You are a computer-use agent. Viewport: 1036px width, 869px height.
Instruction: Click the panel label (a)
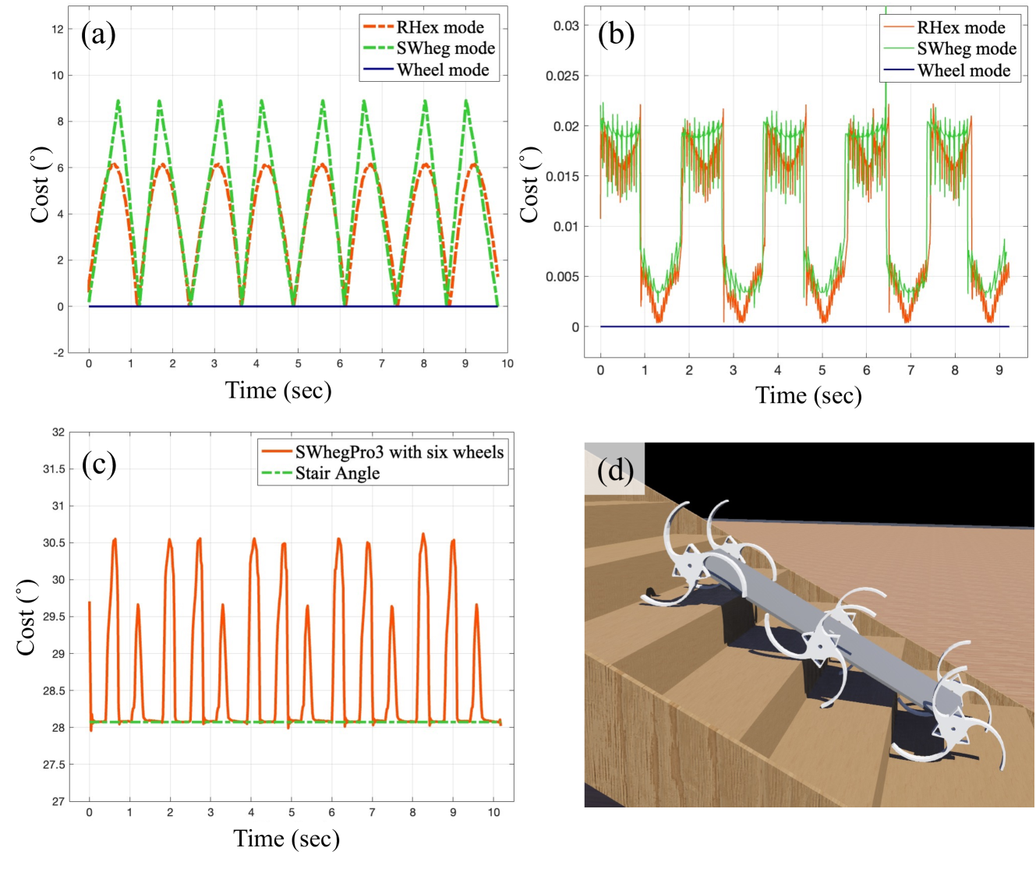pos(98,35)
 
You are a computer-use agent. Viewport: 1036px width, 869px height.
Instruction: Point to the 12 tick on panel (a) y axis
pos(58,30)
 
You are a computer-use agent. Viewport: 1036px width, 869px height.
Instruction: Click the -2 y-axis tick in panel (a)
pos(58,353)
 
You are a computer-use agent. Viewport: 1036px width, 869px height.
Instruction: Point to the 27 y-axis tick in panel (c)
pos(58,801)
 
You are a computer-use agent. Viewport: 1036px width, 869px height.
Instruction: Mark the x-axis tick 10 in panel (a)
pos(507,364)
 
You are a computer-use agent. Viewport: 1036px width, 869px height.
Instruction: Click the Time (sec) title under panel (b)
pos(808,396)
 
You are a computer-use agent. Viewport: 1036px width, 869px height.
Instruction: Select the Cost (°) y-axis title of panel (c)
pos(27,617)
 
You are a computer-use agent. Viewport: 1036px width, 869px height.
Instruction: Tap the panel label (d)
pos(615,470)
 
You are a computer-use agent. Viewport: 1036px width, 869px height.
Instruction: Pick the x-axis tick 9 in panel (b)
pos(999,370)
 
